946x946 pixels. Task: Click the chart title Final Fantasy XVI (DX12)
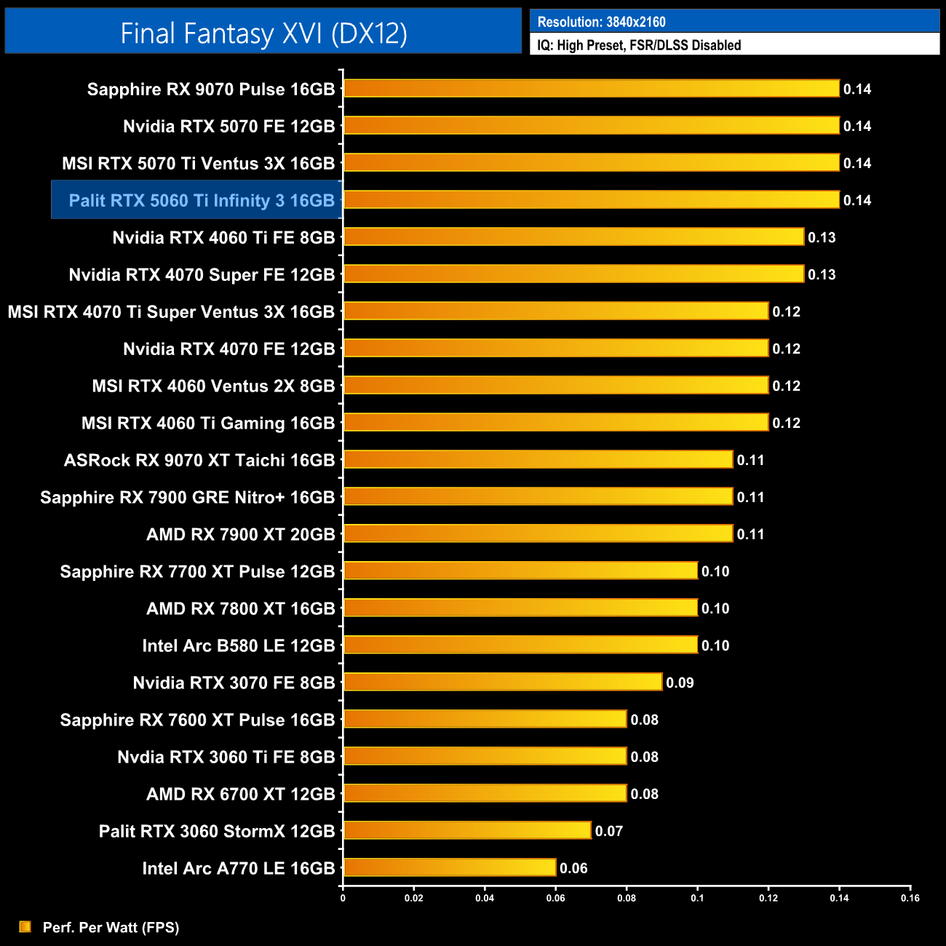pyautogui.click(x=263, y=33)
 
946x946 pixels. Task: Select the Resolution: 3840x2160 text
pyautogui.click(x=601, y=22)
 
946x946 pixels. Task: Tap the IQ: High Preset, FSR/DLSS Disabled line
pyautogui.click(x=639, y=45)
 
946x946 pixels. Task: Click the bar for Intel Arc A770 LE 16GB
pyautogui.click(x=450, y=867)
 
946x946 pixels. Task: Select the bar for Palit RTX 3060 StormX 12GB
pyautogui.click(x=467, y=830)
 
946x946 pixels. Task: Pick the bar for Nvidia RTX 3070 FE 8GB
pyautogui.click(x=503, y=682)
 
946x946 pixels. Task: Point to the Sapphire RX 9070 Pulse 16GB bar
pyautogui.click(x=592, y=89)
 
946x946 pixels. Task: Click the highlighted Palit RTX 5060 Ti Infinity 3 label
pyautogui.click(x=202, y=200)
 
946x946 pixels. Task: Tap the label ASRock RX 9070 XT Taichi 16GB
pyautogui.click(x=199, y=460)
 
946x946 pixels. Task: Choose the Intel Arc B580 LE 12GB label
pyautogui.click(x=239, y=645)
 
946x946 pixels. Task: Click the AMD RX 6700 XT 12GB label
pyautogui.click(x=241, y=794)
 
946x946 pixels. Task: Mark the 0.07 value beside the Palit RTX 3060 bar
pyautogui.click(x=609, y=831)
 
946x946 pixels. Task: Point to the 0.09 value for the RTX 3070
pyautogui.click(x=680, y=683)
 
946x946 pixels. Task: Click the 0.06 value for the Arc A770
pyautogui.click(x=573, y=868)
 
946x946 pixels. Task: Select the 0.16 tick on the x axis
pyautogui.click(x=910, y=898)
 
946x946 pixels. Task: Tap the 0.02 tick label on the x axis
pyautogui.click(x=414, y=898)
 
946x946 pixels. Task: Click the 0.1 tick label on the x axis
pyautogui.click(x=697, y=898)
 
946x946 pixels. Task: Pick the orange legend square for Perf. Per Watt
pyautogui.click(x=25, y=926)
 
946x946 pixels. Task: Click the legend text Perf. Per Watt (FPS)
pyautogui.click(x=111, y=927)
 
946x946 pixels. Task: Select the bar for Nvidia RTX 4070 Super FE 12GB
pyautogui.click(x=574, y=274)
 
